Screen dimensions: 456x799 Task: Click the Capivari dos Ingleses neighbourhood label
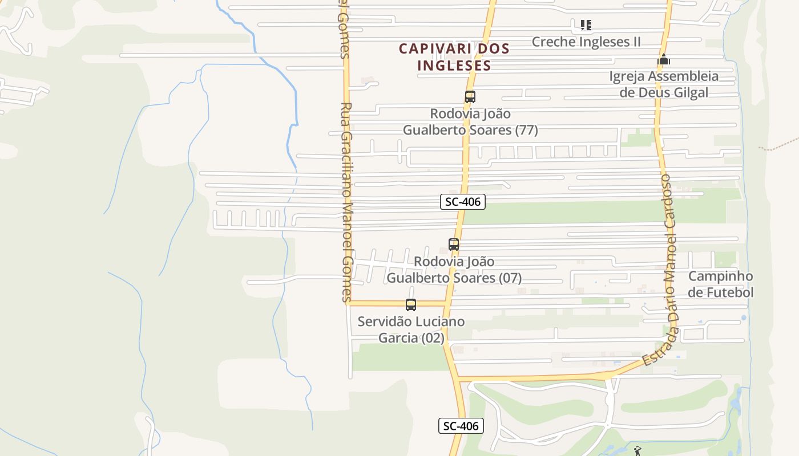point(454,57)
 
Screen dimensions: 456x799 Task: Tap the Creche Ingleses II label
point(586,42)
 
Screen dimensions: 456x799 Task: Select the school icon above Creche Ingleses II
point(586,25)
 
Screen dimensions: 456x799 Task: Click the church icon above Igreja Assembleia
point(663,59)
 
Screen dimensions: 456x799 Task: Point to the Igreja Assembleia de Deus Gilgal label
point(664,84)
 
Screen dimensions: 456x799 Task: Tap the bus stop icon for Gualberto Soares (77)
point(470,97)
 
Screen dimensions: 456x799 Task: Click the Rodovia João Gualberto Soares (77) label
point(470,122)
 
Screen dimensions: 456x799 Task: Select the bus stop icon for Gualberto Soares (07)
point(454,245)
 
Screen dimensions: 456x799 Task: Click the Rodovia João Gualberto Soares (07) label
point(454,270)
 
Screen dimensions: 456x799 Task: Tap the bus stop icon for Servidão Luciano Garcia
point(411,305)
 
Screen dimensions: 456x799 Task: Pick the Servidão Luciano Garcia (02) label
point(411,329)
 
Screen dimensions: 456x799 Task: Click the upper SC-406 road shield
point(463,201)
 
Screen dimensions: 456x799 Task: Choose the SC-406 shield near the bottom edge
point(461,426)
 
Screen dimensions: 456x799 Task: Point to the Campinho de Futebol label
point(720,284)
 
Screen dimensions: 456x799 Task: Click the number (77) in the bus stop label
point(526,130)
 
